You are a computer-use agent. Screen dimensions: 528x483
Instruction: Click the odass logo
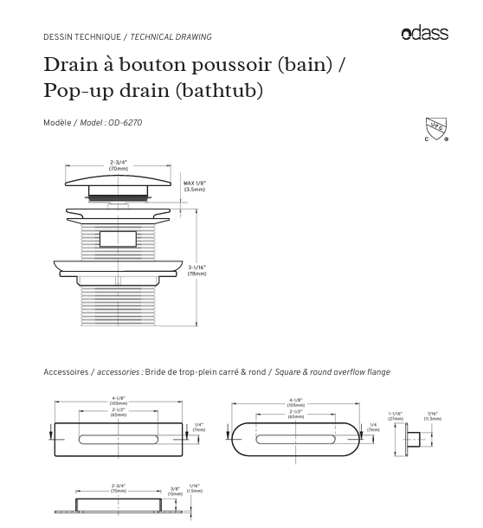coord(424,34)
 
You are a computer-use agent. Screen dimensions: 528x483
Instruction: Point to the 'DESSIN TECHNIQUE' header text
coord(82,37)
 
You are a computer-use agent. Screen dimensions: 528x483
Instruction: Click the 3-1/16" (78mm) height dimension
coord(197,270)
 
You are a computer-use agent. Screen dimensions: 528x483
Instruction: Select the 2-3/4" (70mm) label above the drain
coord(119,165)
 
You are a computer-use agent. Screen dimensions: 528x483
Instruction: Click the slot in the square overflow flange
coord(119,432)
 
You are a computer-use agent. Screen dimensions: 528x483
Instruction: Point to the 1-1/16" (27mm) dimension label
coord(396,415)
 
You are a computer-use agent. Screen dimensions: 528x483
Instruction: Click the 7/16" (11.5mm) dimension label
coord(432,415)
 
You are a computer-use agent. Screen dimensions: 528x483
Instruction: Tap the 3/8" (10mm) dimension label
coord(176,490)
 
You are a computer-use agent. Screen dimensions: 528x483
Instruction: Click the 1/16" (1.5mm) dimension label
coord(196,489)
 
